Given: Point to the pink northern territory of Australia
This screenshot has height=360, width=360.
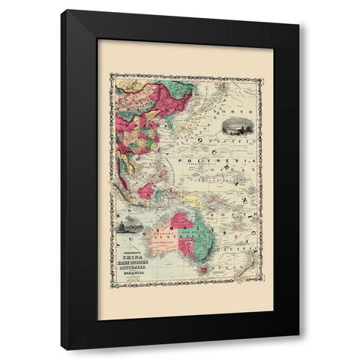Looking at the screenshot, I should click(181, 220).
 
